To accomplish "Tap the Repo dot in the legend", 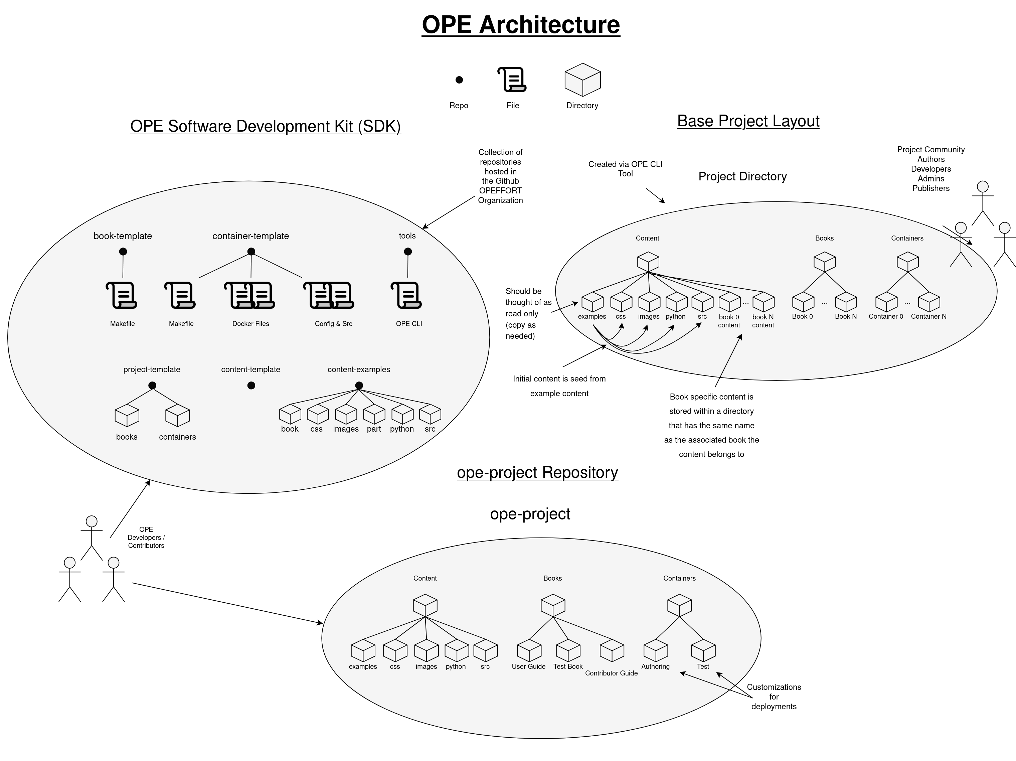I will tap(459, 80).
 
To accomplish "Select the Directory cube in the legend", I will tap(582, 80).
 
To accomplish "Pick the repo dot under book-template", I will tap(123, 251).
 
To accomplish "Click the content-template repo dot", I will tap(251, 386).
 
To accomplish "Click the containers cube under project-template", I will tap(177, 416).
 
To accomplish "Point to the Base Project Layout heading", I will tap(748, 121).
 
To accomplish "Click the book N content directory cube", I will tap(764, 302).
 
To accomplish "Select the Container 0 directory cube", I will tap(886, 302).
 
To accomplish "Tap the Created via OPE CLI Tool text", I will tap(625, 169).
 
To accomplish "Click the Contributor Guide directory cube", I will tap(612, 651).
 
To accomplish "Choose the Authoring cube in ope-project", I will tap(655, 651).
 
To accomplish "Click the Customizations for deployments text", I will tap(774, 697).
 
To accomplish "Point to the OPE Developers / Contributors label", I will tap(146, 538).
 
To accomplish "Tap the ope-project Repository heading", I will tap(537, 473).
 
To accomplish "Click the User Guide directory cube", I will tap(529, 651).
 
